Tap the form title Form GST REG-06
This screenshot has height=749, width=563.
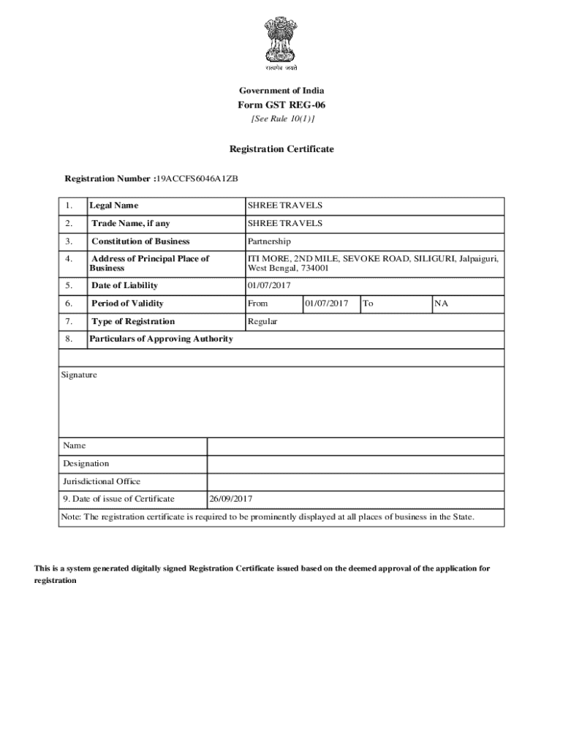[281, 105]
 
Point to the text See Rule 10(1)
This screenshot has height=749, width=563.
[281, 118]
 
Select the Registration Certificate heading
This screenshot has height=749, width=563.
[281, 149]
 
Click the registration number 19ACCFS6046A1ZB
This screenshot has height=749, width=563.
[199, 178]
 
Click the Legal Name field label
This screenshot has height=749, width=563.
[113, 206]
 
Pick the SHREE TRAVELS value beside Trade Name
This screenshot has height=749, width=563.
[284, 223]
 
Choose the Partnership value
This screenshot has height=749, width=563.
[269, 241]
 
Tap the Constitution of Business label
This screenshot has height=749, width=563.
[140, 241]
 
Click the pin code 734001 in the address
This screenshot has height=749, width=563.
[314, 268]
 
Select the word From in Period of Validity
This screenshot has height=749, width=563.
[257, 304]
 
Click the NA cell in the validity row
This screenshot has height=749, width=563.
[441, 304]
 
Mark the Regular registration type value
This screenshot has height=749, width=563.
[262, 322]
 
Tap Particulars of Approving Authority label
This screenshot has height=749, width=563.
[161, 339]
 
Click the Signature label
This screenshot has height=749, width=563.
[80, 374]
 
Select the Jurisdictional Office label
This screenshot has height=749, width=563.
[102, 481]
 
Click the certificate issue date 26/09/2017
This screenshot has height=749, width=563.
[231, 499]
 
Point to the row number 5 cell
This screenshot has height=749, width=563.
[68, 285]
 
